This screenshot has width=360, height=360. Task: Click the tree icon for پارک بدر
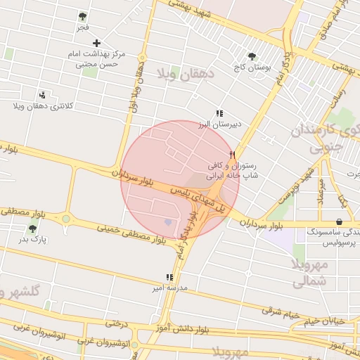point(32,229)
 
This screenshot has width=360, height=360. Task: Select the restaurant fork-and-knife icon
point(232,154)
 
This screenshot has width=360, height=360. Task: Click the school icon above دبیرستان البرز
point(219,113)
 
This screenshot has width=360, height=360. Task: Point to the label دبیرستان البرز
point(219,124)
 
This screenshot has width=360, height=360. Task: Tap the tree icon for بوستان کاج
point(252,57)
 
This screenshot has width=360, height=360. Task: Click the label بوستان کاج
point(252,68)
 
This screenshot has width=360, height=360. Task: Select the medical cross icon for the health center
point(96,43)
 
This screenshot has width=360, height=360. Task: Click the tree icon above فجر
point(83,16)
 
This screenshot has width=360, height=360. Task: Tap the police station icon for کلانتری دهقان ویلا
point(43,94)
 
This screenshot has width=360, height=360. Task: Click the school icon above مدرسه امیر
point(169,277)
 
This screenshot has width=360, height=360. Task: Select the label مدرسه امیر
point(169,288)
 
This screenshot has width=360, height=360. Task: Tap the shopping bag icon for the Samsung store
point(340,222)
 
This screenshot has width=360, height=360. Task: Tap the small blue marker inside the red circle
point(167,223)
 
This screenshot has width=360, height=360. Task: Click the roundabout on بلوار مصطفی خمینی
point(66,219)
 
